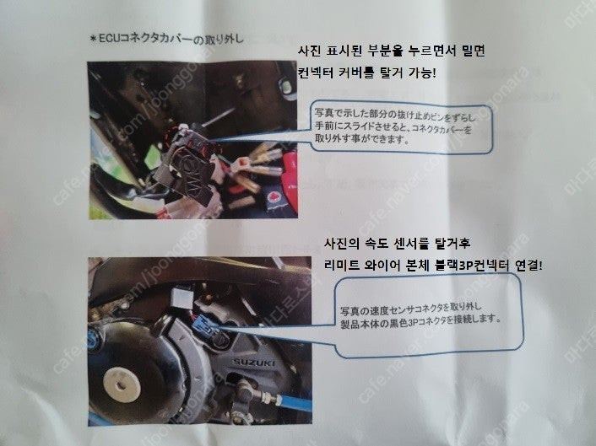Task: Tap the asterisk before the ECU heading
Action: (x=93, y=39)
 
